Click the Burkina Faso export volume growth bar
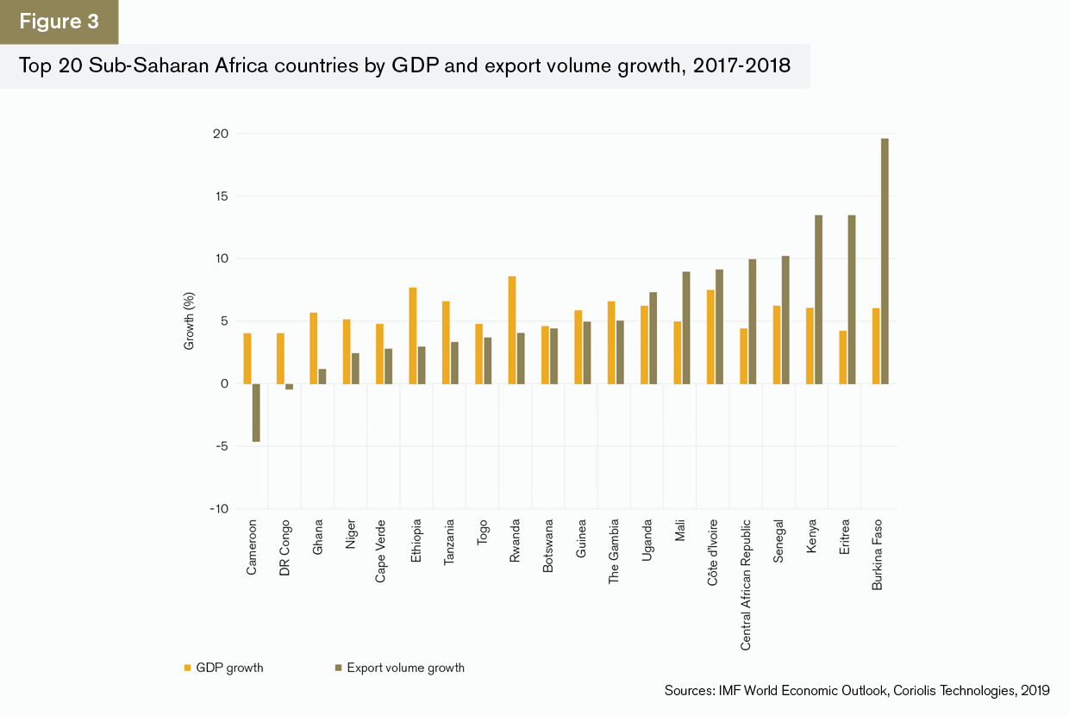885,261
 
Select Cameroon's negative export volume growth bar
256,413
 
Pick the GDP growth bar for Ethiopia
413,336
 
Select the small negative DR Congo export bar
289,387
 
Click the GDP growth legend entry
223,668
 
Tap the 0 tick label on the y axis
222,384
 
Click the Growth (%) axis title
188,320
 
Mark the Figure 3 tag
59,22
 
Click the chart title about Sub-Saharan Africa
404,66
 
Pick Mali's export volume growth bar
685,328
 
